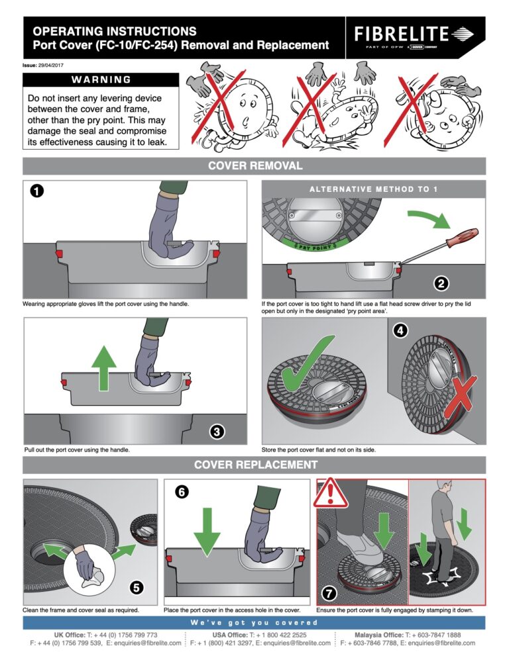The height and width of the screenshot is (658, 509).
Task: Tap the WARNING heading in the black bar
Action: (101, 79)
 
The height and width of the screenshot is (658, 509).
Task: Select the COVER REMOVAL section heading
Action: (254, 165)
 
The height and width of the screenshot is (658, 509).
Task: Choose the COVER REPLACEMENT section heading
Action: (254, 465)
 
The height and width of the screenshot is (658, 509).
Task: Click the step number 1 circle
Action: (37, 191)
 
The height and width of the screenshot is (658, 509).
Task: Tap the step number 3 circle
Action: (216, 432)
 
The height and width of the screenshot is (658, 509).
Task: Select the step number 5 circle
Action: (135, 587)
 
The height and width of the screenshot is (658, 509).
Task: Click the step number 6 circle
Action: (181, 492)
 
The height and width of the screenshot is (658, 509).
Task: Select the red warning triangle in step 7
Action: (329, 493)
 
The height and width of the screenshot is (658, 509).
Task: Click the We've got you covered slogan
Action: (254, 623)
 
